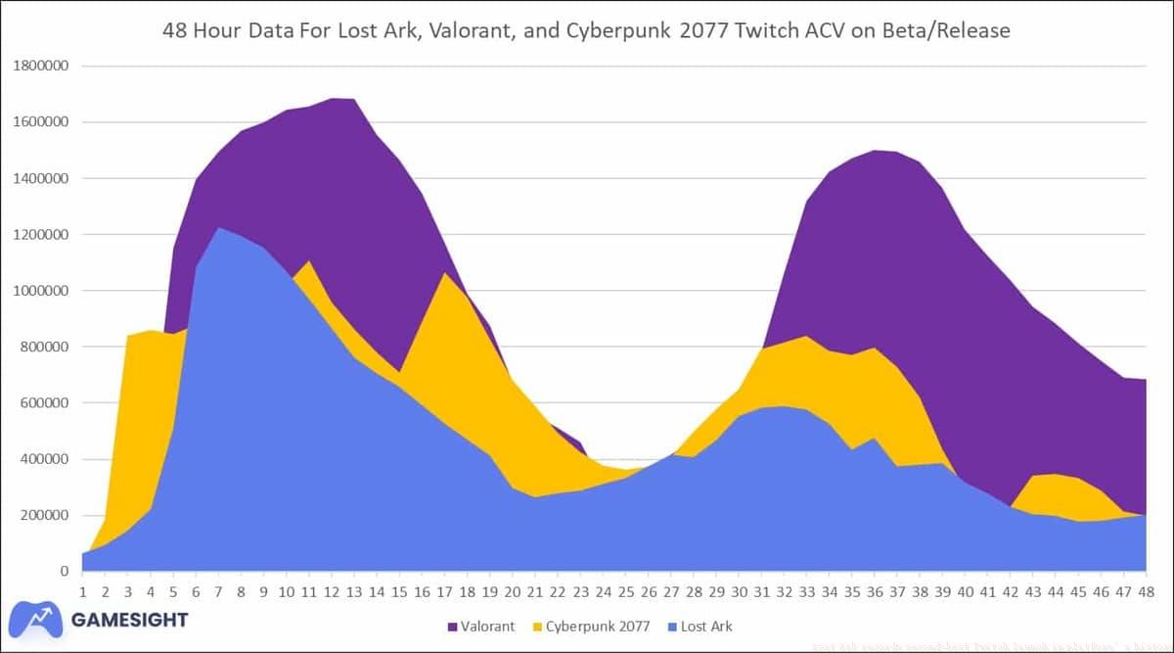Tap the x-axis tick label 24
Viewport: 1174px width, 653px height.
[x=602, y=591]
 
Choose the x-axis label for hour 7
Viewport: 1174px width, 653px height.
[x=218, y=591]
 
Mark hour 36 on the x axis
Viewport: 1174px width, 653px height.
[x=873, y=591]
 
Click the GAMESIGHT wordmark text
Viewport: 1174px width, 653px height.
[x=128, y=619]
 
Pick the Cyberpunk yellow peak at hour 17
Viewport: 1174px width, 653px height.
[x=445, y=275]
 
